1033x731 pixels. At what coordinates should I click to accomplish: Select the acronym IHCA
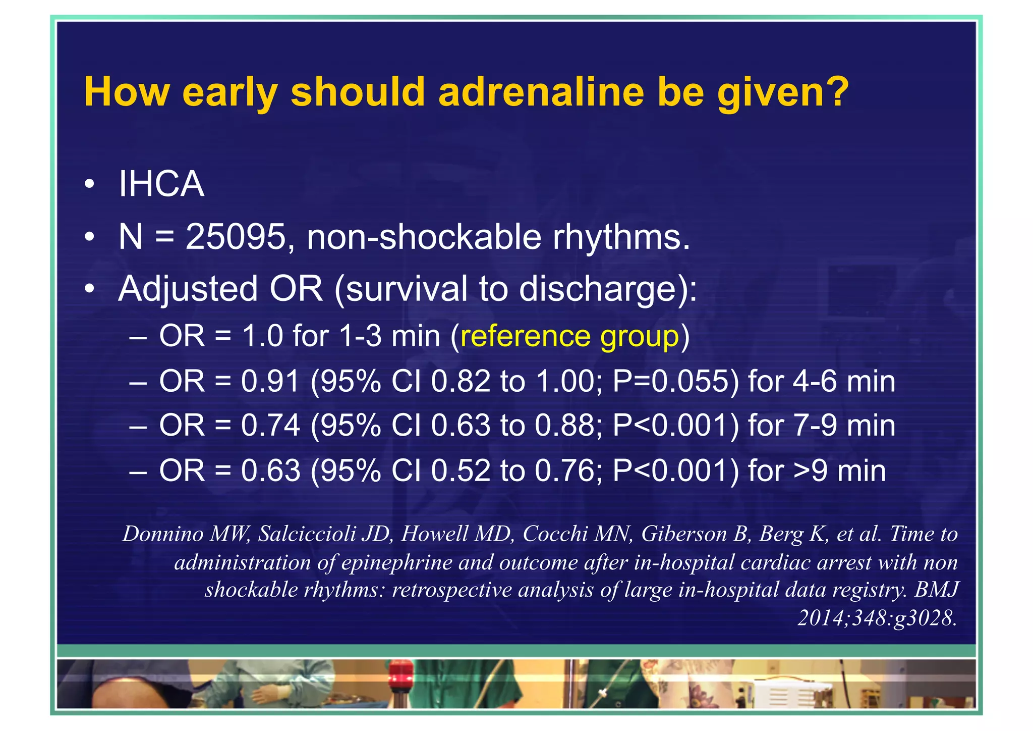161,184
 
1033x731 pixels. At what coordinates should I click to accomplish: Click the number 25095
236,237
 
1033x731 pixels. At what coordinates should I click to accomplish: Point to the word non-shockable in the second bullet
424,237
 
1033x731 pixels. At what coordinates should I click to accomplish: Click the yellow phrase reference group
569,336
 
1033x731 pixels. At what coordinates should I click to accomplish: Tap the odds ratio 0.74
270,426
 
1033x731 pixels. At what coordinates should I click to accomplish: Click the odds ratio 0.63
270,471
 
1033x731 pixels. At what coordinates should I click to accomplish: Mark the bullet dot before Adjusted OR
89,289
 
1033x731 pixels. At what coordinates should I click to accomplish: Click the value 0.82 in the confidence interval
460,381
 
